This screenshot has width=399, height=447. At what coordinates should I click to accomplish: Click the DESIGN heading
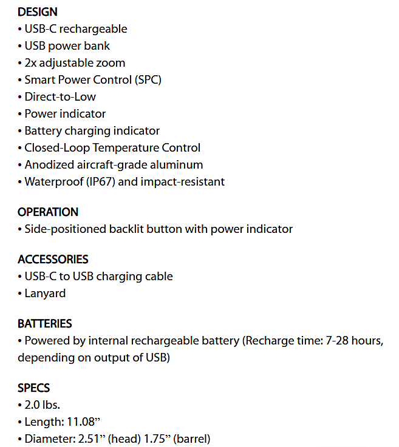pyautogui.click(x=38, y=12)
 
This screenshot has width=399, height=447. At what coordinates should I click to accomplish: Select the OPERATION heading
pyautogui.click(x=48, y=212)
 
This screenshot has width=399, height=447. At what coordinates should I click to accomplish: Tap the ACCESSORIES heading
pyautogui.click(x=53, y=259)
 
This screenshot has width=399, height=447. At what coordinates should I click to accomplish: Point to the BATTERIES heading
pyautogui.click(x=45, y=323)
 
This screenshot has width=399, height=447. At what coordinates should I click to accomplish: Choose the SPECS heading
pyautogui.click(x=34, y=388)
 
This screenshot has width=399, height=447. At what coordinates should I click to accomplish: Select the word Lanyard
pyautogui.click(x=45, y=293)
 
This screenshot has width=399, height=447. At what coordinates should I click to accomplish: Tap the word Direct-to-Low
pyautogui.click(x=60, y=96)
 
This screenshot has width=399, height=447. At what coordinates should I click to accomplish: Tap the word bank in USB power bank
pyautogui.click(x=97, y=45)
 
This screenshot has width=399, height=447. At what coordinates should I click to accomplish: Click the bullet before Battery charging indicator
pyautogui.click(x=20, y=130)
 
